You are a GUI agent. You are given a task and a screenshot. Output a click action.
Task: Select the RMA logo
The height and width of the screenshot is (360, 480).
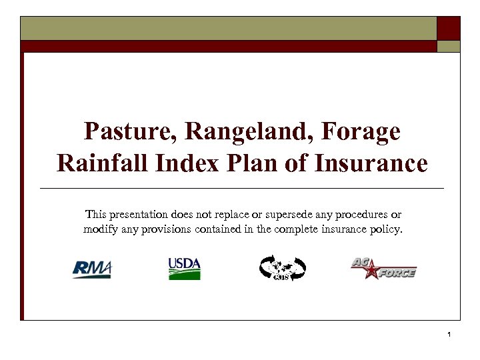[x=92, y=268]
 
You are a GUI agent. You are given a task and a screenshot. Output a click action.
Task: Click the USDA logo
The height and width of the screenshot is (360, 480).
[x=184, y=268]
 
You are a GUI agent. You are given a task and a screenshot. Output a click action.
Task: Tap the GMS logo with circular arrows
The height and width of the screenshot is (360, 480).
[x=282, y=268]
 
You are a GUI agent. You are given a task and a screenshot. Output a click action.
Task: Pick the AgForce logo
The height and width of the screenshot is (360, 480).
[x=383, y=268]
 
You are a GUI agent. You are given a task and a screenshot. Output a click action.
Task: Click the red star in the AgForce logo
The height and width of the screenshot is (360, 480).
[x=369, y=272]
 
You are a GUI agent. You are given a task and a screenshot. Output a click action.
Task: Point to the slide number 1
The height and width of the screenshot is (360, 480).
[x=450, y=333]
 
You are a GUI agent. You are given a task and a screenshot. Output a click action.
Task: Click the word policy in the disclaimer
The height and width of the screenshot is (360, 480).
[x=388, y=230]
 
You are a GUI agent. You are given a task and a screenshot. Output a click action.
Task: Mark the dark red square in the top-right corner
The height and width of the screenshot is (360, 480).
[x=448, y=28]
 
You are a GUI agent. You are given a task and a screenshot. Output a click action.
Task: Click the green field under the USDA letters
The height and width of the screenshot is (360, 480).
[x=184, y=275]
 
